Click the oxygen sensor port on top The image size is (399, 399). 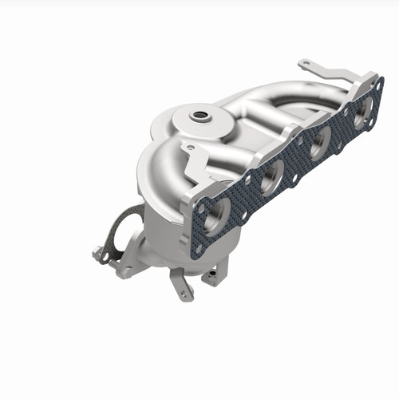click(x=199, y=117)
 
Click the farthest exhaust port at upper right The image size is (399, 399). click(x=363, y=113)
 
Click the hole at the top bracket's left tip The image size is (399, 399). click(x=303, y=63)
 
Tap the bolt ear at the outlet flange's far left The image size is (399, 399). click(x=98, y=255)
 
